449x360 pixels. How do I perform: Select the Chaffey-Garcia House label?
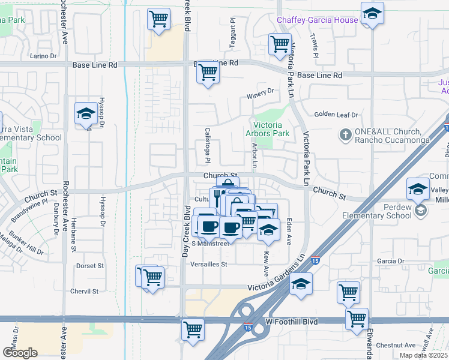coord(317,20)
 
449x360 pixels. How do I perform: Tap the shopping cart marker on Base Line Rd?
coord(208,73)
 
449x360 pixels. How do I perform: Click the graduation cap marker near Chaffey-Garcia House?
coord(372,14)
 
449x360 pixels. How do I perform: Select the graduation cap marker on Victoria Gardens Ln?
coord(301,284)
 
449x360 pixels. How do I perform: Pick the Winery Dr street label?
coord(259,91)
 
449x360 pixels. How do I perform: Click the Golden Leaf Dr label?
coord(336,115)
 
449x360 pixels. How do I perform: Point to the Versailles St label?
coord(209,264)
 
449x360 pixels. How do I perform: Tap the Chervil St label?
coord(83,291)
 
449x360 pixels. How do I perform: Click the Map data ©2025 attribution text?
coord(424,355)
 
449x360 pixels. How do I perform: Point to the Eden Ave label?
coord(289,230)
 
